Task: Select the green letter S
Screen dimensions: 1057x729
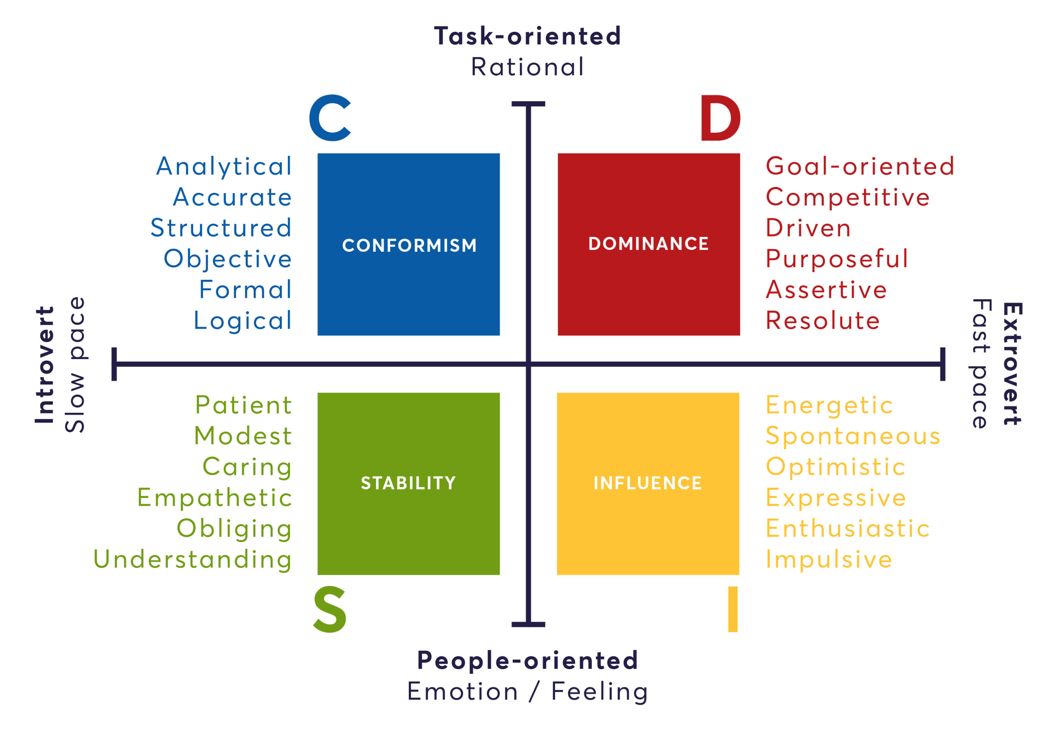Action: pos(330,610)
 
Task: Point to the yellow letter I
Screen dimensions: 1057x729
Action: pos(733,610)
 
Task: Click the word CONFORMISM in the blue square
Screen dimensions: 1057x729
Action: pos(409,246)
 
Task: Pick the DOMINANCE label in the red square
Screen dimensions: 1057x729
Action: pos(649,244)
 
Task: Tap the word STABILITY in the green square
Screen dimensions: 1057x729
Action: pos(408,483)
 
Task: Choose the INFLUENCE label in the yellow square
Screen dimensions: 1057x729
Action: pos(648,483)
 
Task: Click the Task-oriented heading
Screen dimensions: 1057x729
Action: pos(528,36)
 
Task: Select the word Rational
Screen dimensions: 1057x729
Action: pos(528,67)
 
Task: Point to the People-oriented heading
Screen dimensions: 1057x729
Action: pos(528,660)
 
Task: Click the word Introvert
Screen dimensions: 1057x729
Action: pos(45,364)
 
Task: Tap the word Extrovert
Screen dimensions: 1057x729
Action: pos(1012,364)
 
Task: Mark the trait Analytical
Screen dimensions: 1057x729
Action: pos(224,166)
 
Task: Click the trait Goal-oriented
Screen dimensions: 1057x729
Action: pos(860,166)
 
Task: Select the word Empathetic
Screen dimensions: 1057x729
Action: pos(215,497)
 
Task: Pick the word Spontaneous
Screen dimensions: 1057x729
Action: pos(853,436)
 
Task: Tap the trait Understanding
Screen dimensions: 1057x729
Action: pos(192,559)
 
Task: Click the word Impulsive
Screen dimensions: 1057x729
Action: pos(829,559)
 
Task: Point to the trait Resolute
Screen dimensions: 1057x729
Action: pos(822,320)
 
